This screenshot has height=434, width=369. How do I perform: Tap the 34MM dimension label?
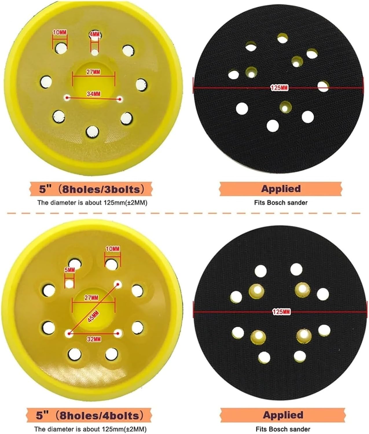(x=93, y=93)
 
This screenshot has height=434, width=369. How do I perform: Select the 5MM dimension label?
(x=69, y=270)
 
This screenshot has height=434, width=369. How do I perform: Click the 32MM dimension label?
(x=94, y=339)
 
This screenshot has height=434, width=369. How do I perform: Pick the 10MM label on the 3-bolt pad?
(x=60, y=32)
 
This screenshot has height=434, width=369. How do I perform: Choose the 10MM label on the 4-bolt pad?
(x=112, y=249)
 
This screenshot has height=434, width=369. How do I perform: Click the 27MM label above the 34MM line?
(x=93, y=72)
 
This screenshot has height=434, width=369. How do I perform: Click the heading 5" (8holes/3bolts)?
(x=91, y=190)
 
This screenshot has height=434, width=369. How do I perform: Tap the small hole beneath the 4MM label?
(x=95, y=53)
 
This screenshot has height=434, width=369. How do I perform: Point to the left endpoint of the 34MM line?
(x=67, y=98)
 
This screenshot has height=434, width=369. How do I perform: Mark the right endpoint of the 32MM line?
(x=118, y=334)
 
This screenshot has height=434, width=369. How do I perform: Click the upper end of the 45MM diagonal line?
(x=117, y=283)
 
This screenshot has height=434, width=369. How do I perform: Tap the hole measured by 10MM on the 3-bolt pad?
(x=60, y=48)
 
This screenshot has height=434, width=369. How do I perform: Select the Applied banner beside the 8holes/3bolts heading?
(x=281, y=189)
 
